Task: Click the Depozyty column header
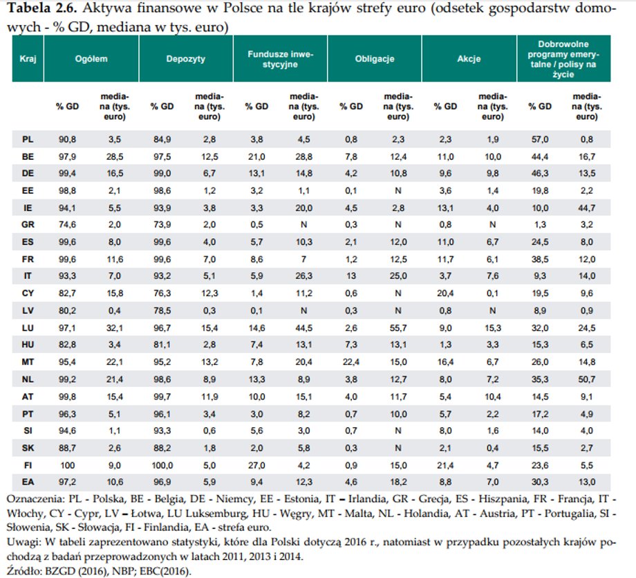(x=186, y=59)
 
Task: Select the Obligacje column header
(x=375, y=59)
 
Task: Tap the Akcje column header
(x=469, y=59)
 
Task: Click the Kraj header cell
(x=28, y=59)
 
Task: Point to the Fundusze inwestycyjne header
(x=280, y=60)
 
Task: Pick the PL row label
(x=28, y=139)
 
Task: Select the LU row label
(x=28, y=328)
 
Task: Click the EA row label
(x=28, y=482)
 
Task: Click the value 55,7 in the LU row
(x=398, y=328)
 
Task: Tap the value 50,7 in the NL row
(x=587, y=379)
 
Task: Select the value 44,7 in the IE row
(x=587, y=208)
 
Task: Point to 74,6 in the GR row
(x=67, y=224)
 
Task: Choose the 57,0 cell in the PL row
(x=540, y=139)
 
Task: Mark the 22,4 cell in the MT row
(x=351, y=362)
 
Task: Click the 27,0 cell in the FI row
(x=256, y=465)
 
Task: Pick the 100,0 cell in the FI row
(x=162, y=465)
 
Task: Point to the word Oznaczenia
(x=35, y=499)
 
